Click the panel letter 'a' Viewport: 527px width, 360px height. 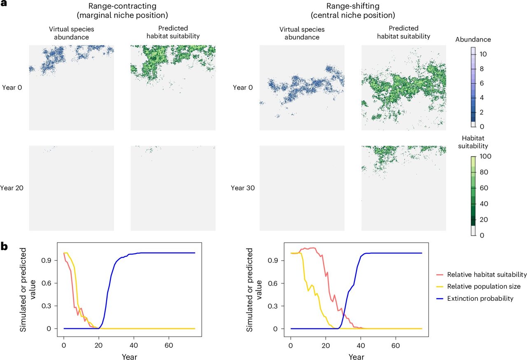pos(4,4)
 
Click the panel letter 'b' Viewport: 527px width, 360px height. pos(4,247)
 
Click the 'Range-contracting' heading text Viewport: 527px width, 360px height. pos(122,6)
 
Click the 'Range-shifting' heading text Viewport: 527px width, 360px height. pos(353,6)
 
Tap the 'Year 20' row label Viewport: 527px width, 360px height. pos(12,188)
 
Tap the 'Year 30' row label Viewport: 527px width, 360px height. pos(243,188)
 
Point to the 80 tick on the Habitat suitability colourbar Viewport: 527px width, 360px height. pos(484,172)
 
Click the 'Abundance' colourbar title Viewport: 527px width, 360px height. pos(473,39)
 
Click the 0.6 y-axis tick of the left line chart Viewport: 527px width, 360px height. pos(47,283)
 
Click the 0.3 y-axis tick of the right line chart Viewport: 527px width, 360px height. pos(273,306)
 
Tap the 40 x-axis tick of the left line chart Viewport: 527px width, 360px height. pos(134,345)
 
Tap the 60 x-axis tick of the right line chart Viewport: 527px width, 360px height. pos(396,346)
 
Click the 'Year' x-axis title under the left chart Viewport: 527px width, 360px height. pos(129,357)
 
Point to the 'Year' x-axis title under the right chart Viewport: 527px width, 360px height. pos(357,357)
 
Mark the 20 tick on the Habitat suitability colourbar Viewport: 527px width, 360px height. pos(484,220)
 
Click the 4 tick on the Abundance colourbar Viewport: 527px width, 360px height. pos(482,98)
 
